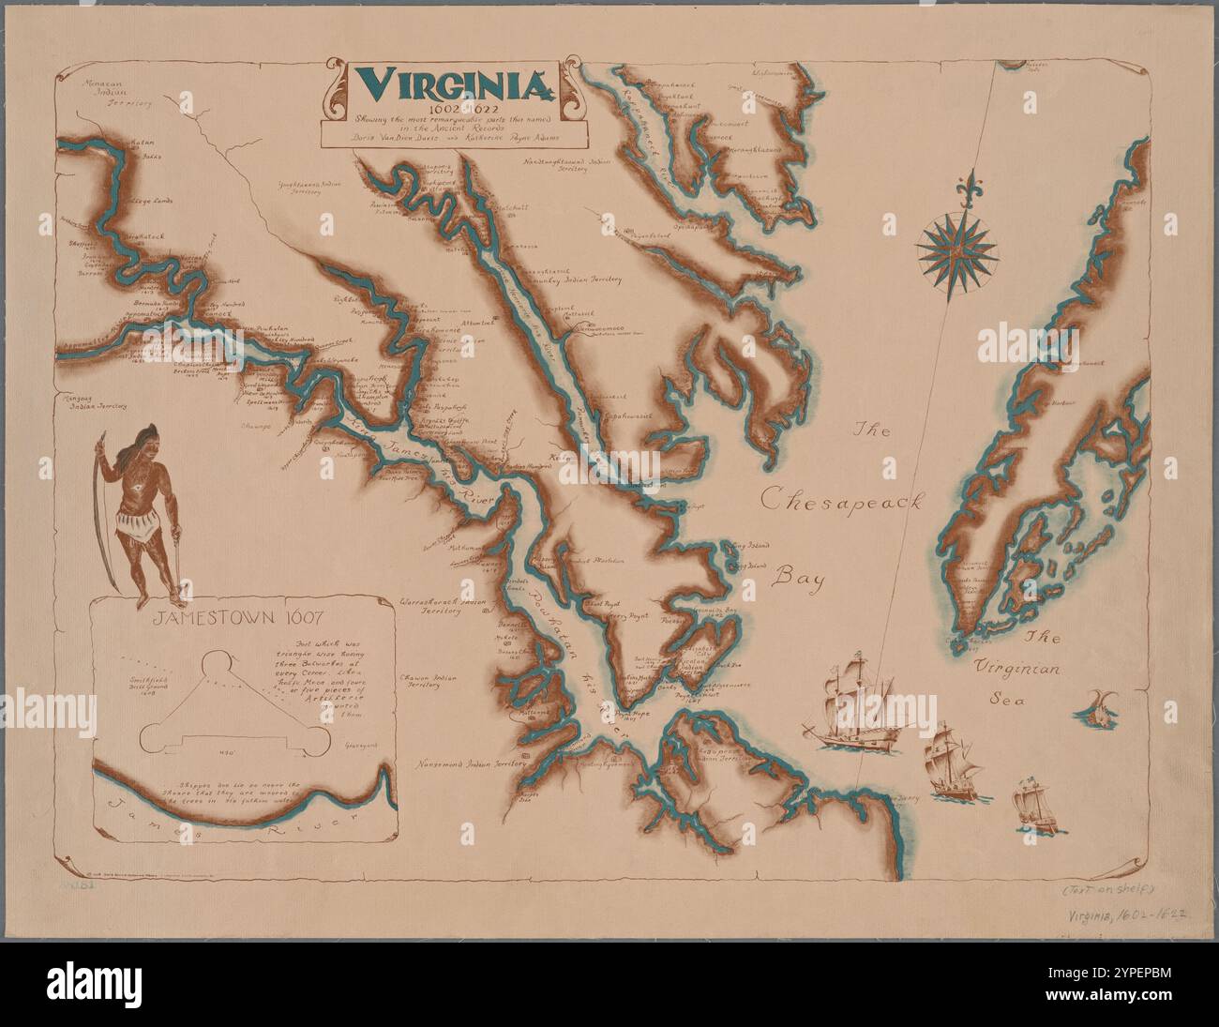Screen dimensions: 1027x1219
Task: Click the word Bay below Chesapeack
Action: click(x=797, y=579)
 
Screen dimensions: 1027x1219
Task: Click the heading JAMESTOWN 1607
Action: click(x=239, y=618)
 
